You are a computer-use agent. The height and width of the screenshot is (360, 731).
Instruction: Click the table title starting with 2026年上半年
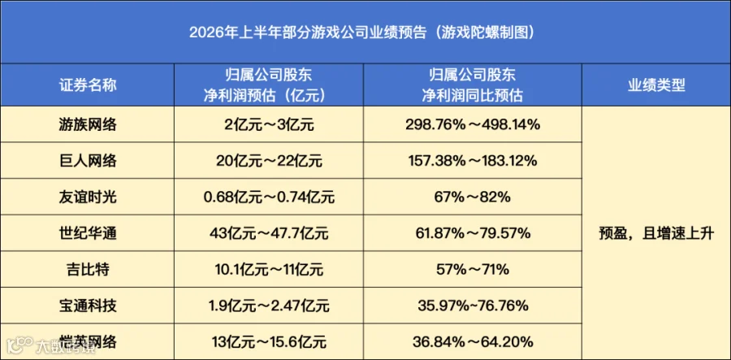(x=361, y=33)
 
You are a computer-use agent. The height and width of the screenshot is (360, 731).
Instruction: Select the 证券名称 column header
(x=88, y=85)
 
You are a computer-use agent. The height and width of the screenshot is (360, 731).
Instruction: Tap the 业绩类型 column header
(x=656, y=85)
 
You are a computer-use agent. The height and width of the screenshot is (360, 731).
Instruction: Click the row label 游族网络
(x=88, y=124)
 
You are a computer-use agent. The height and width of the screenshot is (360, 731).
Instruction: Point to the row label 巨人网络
(x=88, y=161)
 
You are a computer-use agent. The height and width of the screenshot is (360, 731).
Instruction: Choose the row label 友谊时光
(x=88, y=197)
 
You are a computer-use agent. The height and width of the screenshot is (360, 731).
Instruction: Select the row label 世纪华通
(x=88, y=233)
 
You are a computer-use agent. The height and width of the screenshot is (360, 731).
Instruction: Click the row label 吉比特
(x=88, y=270)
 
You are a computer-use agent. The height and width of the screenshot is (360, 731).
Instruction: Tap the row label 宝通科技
(x=88, y=306)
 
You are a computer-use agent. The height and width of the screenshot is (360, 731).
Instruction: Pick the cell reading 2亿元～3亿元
(x=269, y=124)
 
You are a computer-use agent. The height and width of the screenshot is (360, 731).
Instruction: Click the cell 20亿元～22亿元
(x=269, y=161)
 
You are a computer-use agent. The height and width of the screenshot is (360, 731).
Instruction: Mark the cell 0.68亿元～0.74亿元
(x=269, y=197)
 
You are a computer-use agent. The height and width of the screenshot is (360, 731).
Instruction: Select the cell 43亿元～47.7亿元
(x=269, y=233)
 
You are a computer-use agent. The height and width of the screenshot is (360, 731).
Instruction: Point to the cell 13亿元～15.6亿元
(x=269, y=342)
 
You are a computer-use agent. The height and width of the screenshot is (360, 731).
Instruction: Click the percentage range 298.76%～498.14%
(x=473, y=124)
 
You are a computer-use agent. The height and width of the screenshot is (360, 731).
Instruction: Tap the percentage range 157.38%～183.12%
(x=473, y=161)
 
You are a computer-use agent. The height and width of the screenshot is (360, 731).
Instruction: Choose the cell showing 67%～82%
(x=473, y=197)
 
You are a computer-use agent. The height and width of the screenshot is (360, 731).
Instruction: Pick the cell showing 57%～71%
(x=473, y=270)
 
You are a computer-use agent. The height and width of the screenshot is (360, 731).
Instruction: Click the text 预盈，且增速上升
(x=656, y=233)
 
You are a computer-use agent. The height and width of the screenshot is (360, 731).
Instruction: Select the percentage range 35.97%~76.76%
(x=473, y=306)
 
